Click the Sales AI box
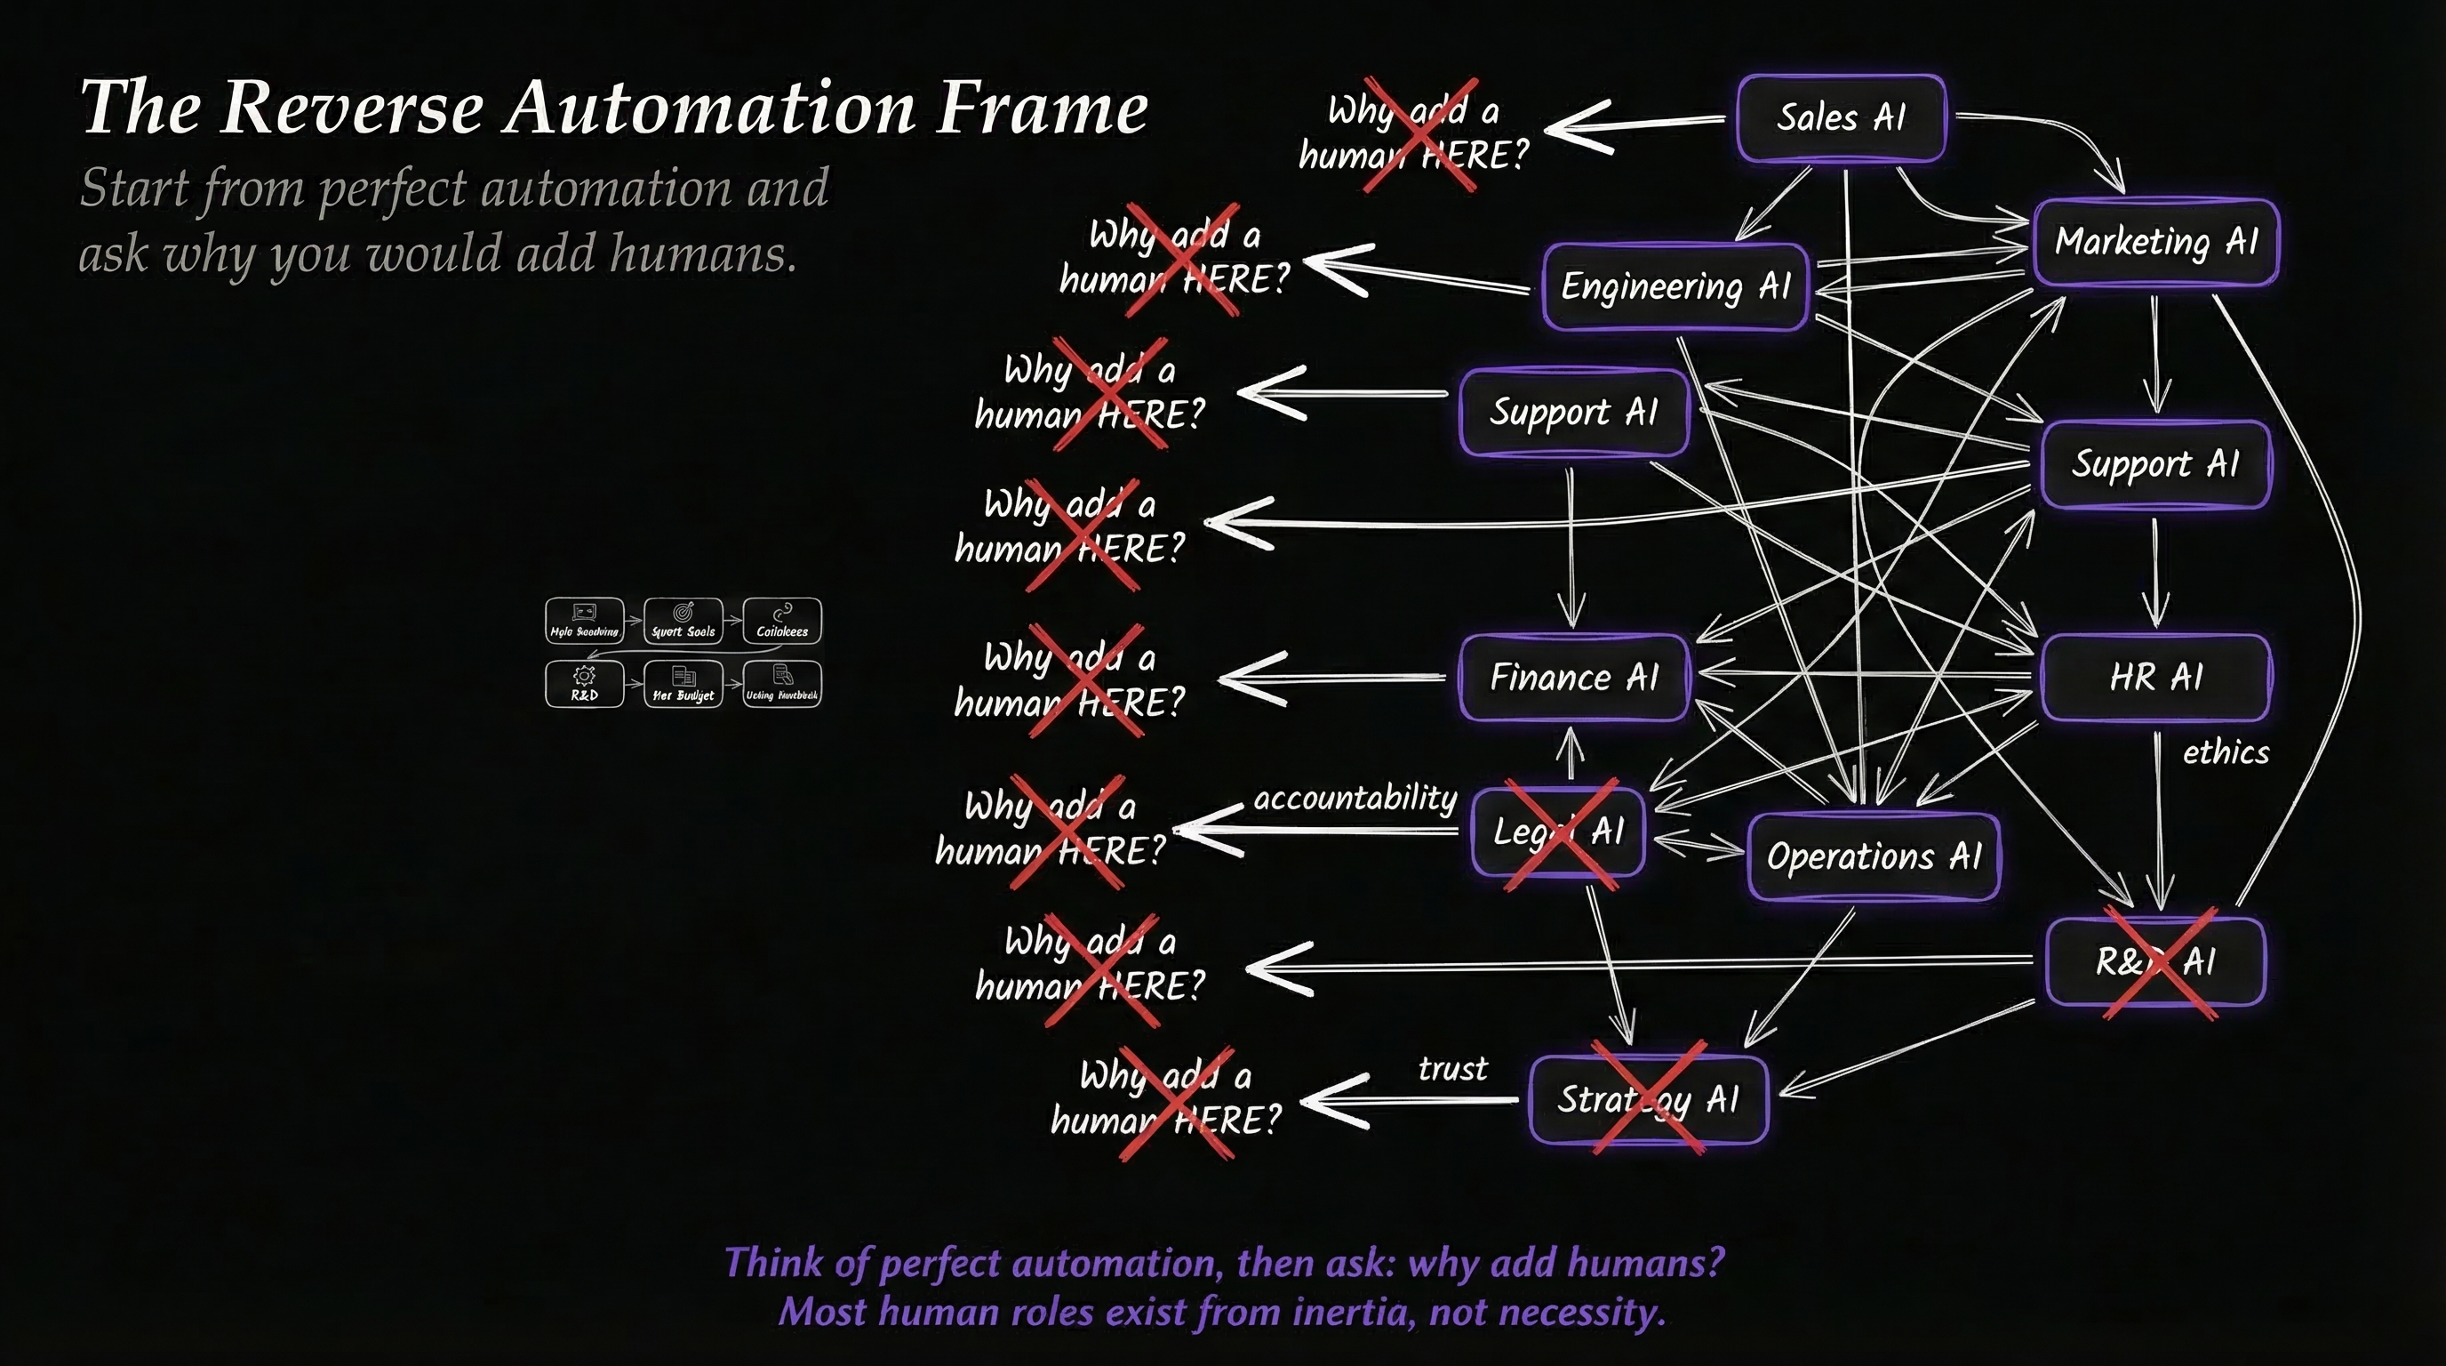[1840, 117]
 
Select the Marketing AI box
[2154, 242]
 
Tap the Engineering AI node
[1675, 286]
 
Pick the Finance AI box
[1573, 678]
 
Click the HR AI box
[2154, 678]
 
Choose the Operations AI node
[1874, 856]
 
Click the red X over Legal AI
[1561, 834]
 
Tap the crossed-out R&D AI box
[2155, 961]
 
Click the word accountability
[1355, 798]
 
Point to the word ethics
[2225, 752]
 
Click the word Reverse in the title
[352, 108]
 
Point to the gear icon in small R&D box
[584, 675]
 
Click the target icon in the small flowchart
[683, 612]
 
